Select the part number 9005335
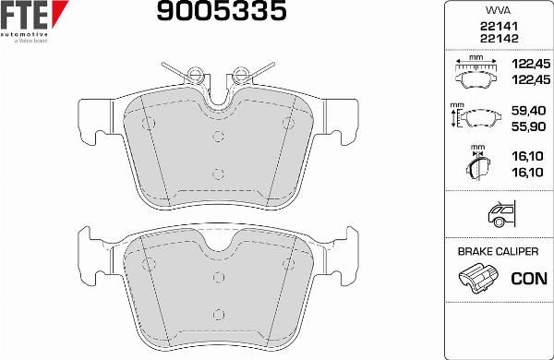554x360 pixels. click(220, 13)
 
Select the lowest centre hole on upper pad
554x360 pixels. click(218, 172)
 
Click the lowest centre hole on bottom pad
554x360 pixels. click(218, 312)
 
